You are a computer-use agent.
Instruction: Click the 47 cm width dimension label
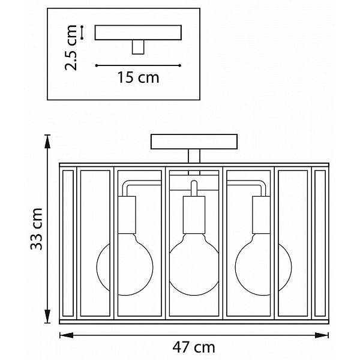[x=194, y=347]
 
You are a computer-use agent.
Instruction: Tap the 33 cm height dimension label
[x=37, y=229]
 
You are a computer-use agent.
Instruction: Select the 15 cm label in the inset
[x=138, y=77]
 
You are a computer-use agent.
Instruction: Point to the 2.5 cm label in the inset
[x=71, y=47]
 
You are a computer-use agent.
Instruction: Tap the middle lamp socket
[x=194, y=215]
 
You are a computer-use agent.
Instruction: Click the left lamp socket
[x=127, y=215]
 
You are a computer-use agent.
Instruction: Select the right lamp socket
[x=261, y=215]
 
